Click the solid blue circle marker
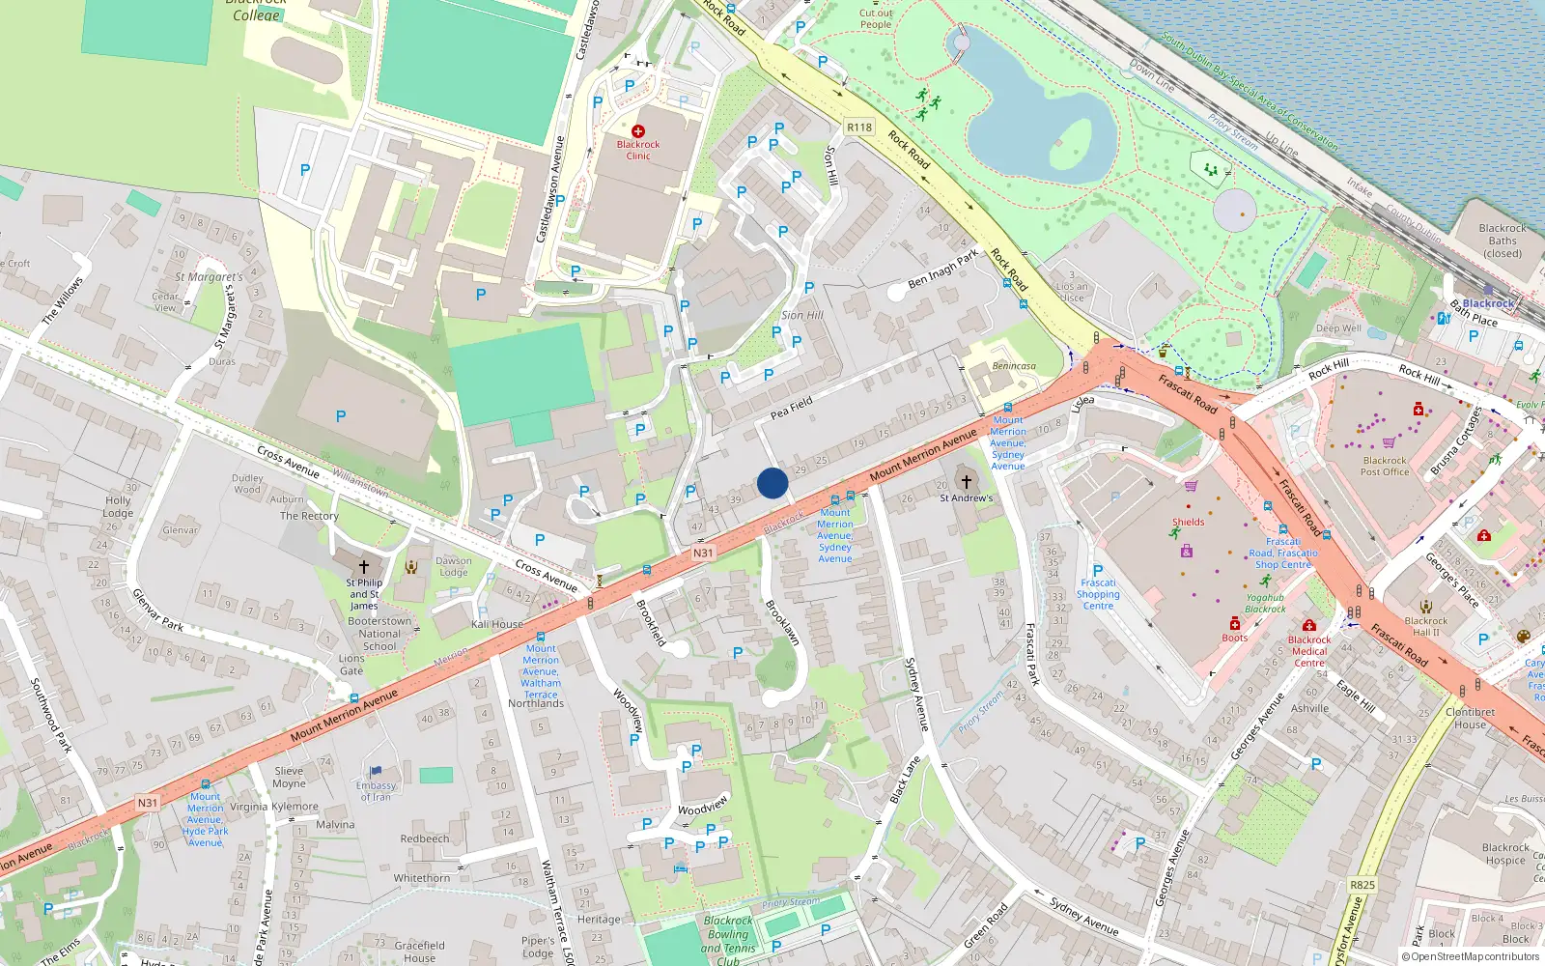(x=772, y=483)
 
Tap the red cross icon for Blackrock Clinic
(x=637, y=130)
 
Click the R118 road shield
(x=858, y=127)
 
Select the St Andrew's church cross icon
(x=966, y=481)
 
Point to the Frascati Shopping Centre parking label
(x=1098, y=588)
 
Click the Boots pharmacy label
(x=1234, y=638)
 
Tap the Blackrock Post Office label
(x=1385, y=466)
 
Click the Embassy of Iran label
(x=376, y=791)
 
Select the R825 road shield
(x=1362, y=884)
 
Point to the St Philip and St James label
(x=364, y=593)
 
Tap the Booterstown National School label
(x=379, y=634)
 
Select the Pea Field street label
(x=791, y=408)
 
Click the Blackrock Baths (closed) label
(x=1502, y=241)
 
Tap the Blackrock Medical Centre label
(x=1309, y=650)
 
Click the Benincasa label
(x=1013, y=366)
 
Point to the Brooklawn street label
(x=782, y=623)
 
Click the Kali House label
(x=496, y=624)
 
